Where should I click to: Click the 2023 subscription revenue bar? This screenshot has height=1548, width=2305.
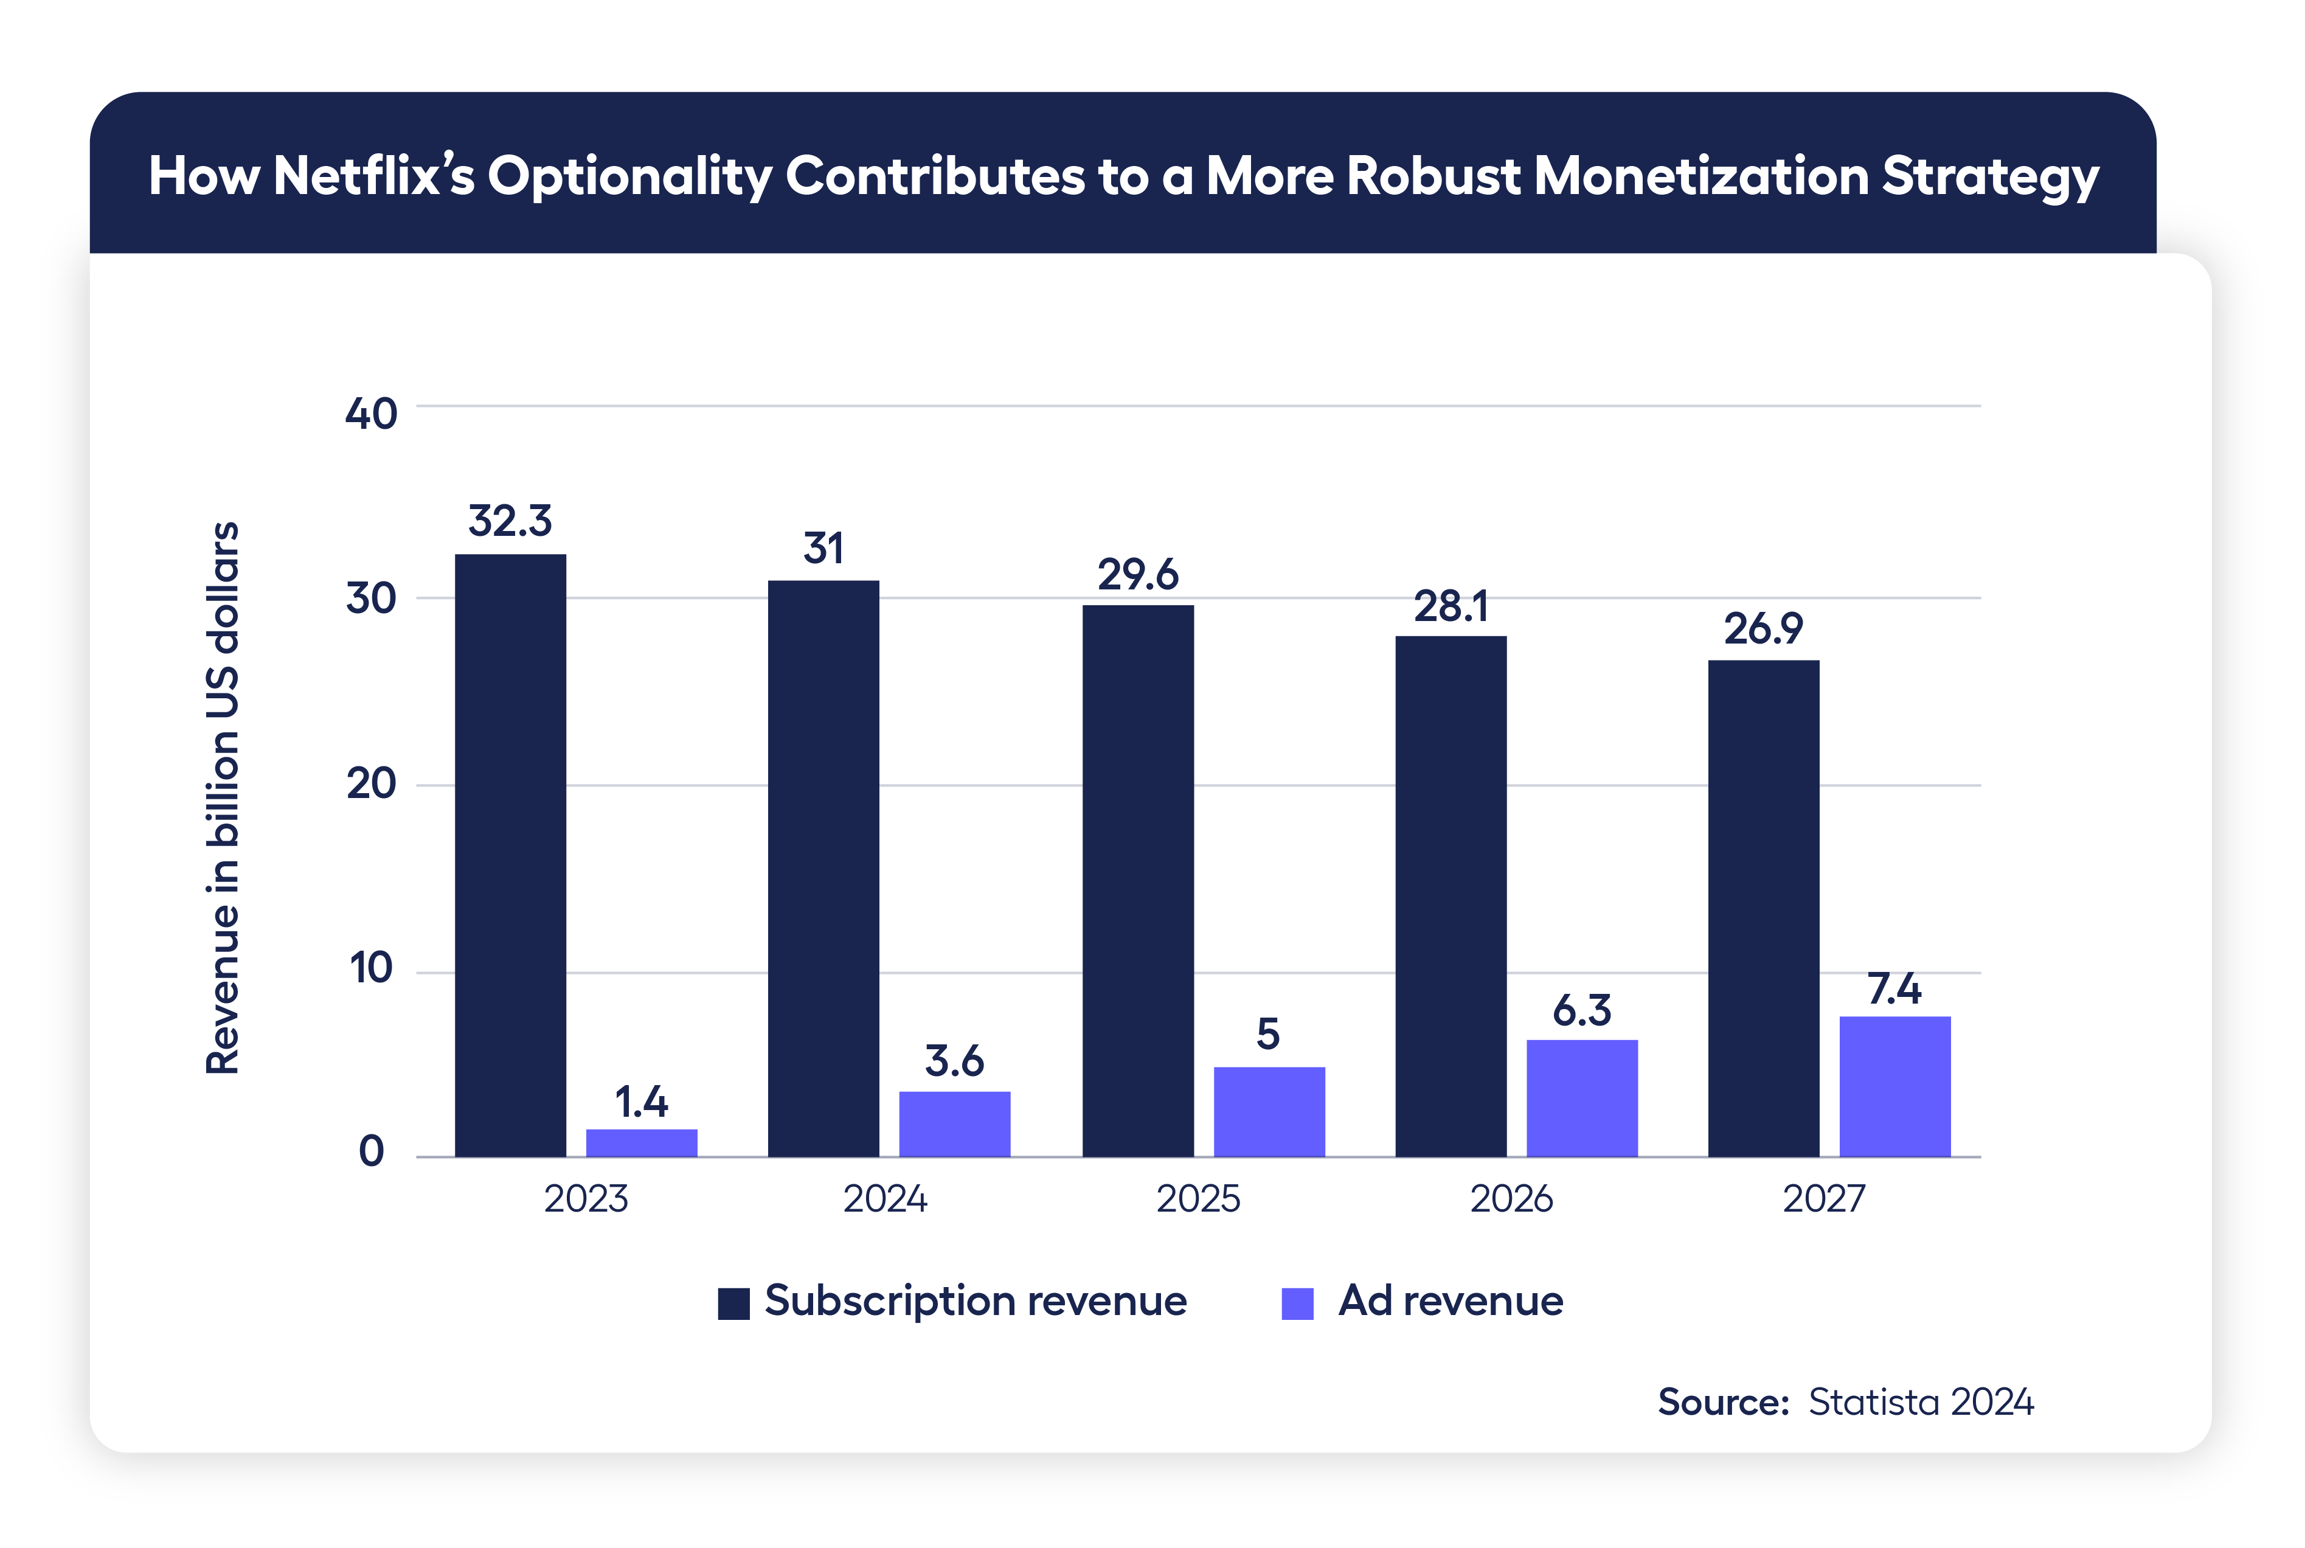click(510, 855)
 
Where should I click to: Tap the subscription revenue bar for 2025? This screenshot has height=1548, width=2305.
click(1137, 881)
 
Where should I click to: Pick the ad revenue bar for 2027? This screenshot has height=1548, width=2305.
click(1894, 1086)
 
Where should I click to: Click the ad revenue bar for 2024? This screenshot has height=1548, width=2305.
click(955, 1123)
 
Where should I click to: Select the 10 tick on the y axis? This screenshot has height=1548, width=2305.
click(371, 968)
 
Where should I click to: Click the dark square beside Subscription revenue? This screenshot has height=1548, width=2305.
click(733, 1303)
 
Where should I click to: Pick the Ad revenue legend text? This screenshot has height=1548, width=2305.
click(1450, 1301)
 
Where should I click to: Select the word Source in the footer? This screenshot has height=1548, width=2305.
click(1722, 1402)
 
